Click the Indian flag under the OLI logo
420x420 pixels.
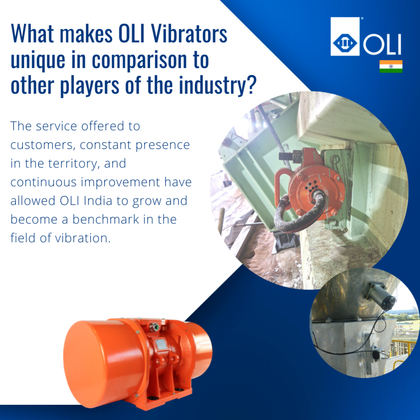click(391, 66)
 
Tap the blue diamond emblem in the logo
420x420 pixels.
click(345, 43)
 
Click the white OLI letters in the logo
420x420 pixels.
click(382, 44)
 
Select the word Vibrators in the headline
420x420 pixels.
click(189, 34)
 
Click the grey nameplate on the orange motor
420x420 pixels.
click(161, 344)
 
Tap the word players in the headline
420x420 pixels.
click(89, 86)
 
